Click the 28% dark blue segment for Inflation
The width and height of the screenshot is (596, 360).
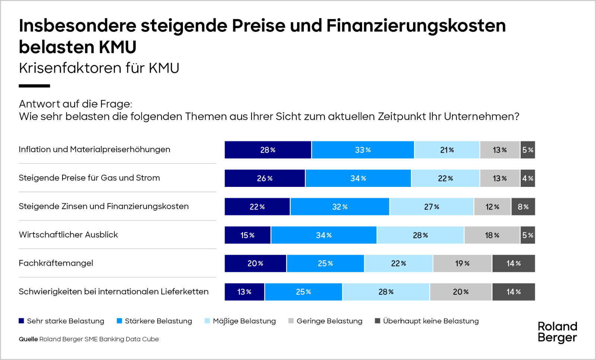(x=268, y=150)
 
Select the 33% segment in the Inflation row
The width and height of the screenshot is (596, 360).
(x=363, y=150)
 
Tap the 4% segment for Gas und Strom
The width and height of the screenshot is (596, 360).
(x=527, y=178)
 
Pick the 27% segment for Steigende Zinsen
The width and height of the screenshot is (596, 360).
(x=432, y=207)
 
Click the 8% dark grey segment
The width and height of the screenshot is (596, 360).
(x=523, y=207)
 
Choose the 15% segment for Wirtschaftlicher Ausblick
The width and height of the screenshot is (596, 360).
(x=247, y=235)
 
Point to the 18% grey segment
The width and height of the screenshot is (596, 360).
(x=492, y=235)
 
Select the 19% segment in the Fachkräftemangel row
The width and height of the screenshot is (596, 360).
(x=462, y=264)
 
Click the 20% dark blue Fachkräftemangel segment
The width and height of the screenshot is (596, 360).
(x=255, y=264)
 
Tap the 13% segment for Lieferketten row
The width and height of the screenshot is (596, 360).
(x=244, y=292)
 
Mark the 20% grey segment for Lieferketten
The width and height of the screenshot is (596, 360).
(x=461, y=292)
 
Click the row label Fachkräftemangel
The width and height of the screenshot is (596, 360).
(x=56, y=263)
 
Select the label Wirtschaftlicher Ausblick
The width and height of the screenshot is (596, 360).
(x=68, y=235)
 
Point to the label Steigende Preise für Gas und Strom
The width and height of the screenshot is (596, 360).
(x=89, y=178)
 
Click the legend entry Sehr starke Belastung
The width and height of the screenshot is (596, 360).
(x=65, y=321)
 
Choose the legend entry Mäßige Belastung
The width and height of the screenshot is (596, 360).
(x=244, y=321)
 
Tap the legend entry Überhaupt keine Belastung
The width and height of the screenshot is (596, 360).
(x=431, y=321)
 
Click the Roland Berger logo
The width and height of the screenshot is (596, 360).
(x=557, y=332)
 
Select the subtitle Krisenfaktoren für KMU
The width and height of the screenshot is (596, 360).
(x=99, y=68)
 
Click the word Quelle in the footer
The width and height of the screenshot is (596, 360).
(x=28, y=339)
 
